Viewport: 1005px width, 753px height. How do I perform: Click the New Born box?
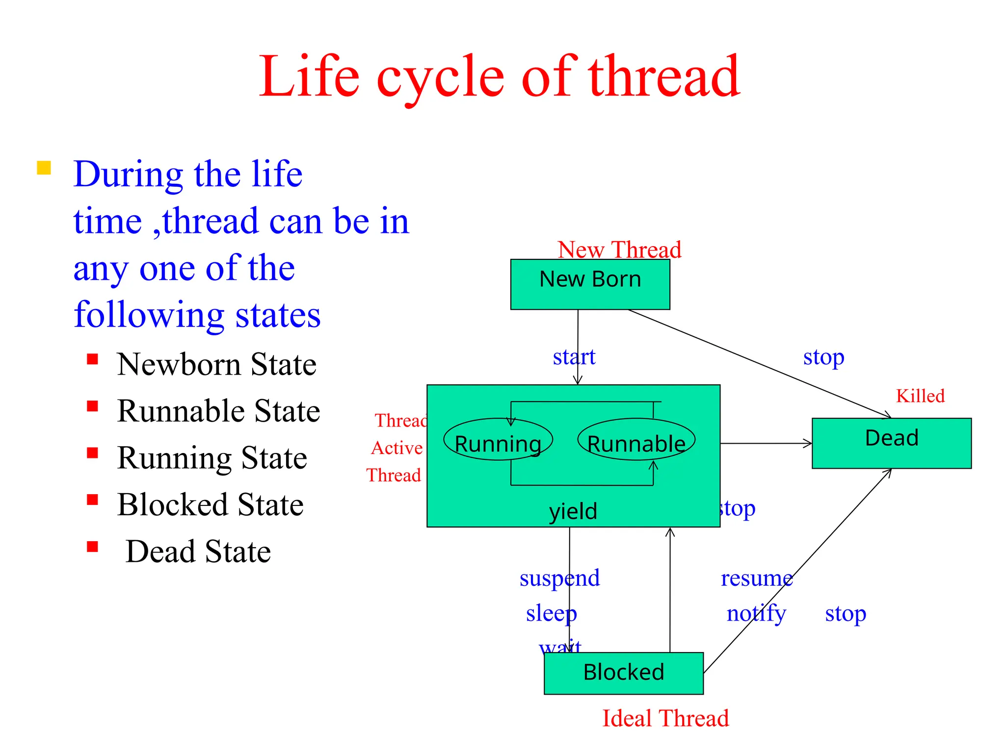(590, 284)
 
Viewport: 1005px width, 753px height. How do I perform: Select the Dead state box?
(891, 443)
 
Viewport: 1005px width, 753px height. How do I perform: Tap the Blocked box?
(623, 673)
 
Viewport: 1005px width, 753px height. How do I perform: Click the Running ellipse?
(498, 439)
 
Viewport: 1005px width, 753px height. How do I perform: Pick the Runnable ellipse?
(636, 439)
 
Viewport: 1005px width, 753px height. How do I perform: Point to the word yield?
(573, 511)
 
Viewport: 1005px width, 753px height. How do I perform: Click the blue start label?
(574, 356)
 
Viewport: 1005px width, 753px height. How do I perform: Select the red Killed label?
(920, 396)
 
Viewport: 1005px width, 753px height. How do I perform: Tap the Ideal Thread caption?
(665, 718)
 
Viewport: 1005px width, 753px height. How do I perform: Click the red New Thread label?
(619, 250)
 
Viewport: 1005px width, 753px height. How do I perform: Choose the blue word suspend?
(559, 578)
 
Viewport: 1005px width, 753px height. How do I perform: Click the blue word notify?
(756, 613)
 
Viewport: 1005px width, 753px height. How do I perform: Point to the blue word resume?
(756, 578)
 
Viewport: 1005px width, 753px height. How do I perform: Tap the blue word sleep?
(551, 613)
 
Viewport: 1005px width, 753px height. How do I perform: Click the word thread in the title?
(664, 77)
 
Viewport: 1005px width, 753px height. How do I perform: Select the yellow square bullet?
(44, 168)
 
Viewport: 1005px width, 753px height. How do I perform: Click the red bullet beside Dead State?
(92, 547)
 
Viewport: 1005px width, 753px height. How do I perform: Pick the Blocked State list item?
(210, 504)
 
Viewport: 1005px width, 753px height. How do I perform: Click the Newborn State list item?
(216, 364)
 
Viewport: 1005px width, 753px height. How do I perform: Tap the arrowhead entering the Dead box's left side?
(807, 443)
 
